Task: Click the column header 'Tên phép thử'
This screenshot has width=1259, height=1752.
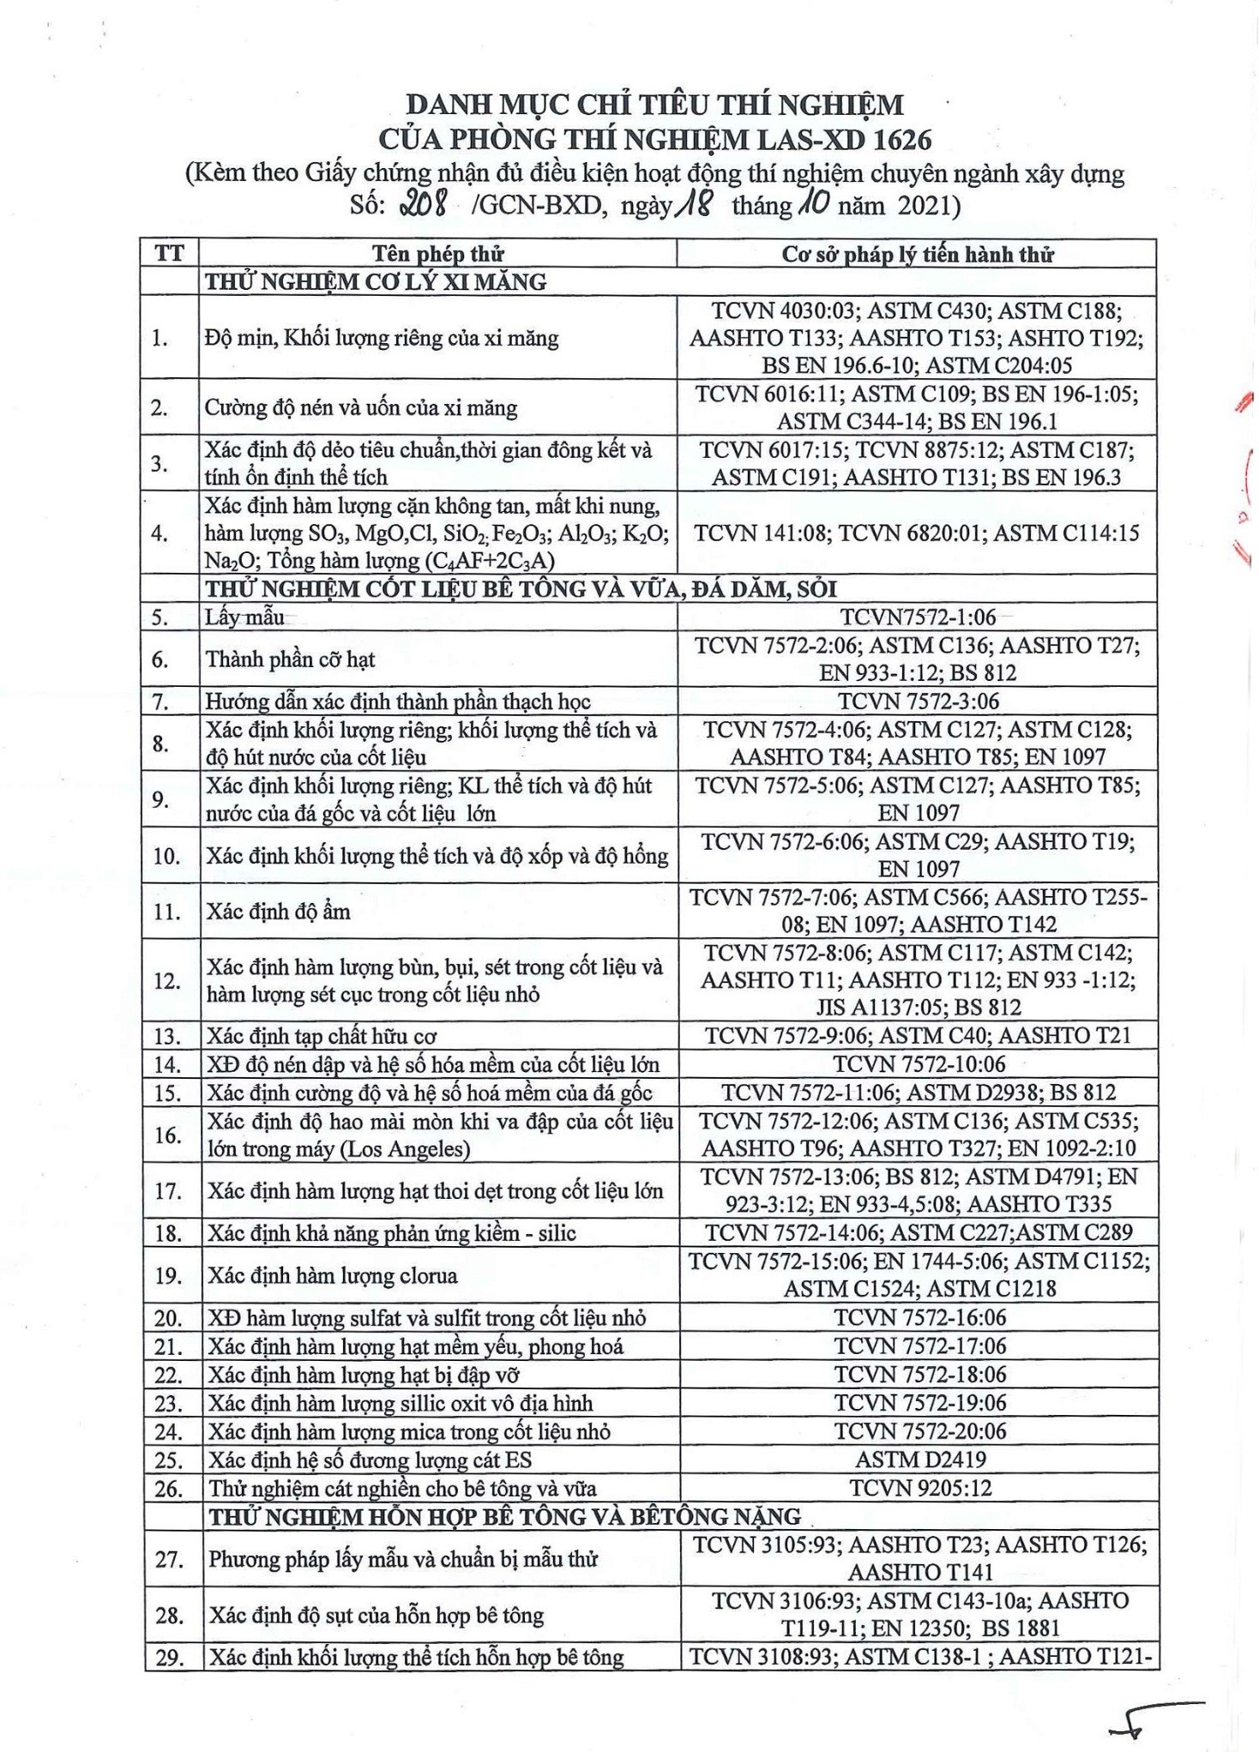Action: coord(437,254)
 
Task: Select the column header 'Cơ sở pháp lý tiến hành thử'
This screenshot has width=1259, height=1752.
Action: coord(917,254)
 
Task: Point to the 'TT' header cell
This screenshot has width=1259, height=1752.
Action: coord(170,254)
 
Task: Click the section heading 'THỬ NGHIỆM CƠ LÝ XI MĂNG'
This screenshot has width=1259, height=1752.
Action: coord(376,281)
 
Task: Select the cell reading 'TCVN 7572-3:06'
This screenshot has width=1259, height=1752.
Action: coord(918,701)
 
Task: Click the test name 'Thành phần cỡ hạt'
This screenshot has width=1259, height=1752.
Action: coord(290,659)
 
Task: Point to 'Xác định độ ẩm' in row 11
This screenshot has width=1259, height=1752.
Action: coord(277,911)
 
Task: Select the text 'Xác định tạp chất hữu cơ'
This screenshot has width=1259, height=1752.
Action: coord(321,1036)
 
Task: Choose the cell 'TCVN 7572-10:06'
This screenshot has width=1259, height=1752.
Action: coord(919,1064)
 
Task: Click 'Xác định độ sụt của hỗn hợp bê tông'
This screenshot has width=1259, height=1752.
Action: coord(376,1616)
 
